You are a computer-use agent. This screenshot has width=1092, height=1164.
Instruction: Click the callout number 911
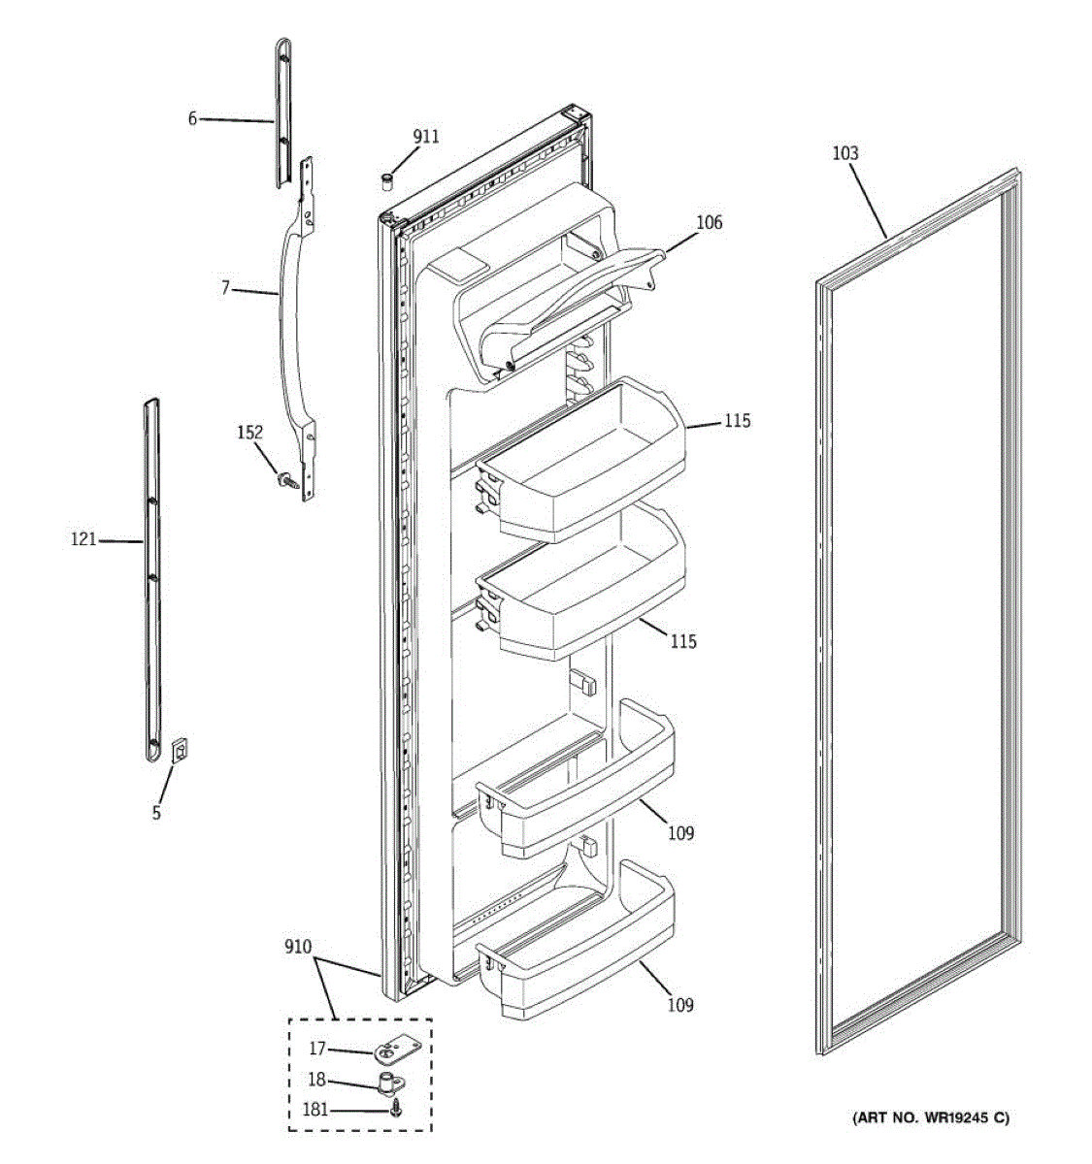[x=425, y=137]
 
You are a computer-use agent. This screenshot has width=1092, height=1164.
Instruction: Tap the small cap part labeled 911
[x=387, y=180]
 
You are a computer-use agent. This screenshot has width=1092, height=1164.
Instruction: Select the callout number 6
[x=192, y=118]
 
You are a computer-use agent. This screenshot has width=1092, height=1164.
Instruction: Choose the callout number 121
[x=83, y=539]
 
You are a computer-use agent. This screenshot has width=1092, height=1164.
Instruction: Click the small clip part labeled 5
[x=180, y=750]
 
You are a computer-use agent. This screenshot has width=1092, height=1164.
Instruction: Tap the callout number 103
[x=844, y=153]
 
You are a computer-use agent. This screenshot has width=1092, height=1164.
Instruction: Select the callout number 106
[x=709, y=223]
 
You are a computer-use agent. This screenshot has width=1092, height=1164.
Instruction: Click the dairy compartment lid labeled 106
[x=563, y=301]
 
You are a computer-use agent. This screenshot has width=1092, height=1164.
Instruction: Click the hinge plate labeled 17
[x=394, y=1050]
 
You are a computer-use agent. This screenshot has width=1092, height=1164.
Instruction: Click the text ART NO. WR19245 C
[x=930, y=1118]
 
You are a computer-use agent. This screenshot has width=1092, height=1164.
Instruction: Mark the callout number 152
[x=250, y=433]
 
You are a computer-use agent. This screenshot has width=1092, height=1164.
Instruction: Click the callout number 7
[x=225, y=288]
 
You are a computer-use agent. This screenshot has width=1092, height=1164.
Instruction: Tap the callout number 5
[x=156, y=813]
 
